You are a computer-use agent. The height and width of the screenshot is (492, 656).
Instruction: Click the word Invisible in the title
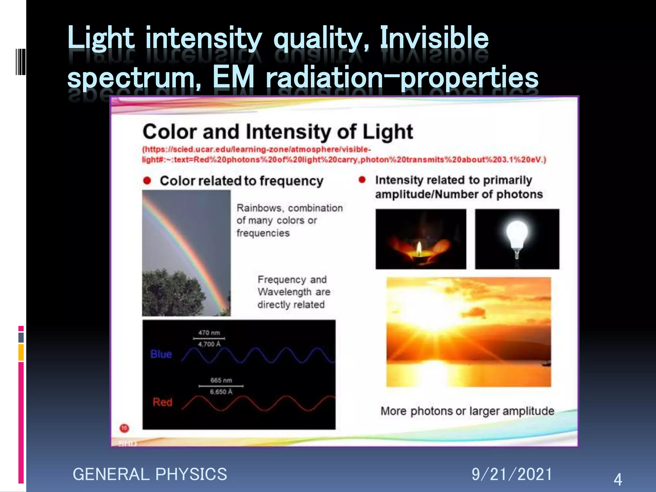(x=434, y=38)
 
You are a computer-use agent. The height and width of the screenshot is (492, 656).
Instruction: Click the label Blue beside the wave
(x=161, y=354)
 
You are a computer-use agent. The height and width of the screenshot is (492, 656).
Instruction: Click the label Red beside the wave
(x=162, y=402)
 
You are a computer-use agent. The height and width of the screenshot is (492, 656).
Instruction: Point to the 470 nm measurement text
(x=209, y=333)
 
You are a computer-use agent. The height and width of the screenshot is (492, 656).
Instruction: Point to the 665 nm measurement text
(x=221, y=381)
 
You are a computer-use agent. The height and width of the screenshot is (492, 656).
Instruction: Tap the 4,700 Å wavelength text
(x=209, y=344)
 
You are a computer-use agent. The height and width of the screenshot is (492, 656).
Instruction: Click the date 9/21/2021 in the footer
(x=512, y=474)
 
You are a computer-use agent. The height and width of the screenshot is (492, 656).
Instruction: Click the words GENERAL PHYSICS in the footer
(x=150, y=474)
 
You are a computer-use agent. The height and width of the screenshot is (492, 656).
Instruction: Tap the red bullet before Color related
(x=147, y=181)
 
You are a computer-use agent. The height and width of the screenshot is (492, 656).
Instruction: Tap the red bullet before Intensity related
(x=362, y=180)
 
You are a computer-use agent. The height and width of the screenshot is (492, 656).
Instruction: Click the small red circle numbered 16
(x=124, y=428)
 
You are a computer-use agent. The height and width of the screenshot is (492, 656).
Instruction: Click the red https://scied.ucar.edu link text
(x=256, y=150)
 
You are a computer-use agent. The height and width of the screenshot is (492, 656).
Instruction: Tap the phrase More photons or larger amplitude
(x=467, y=411)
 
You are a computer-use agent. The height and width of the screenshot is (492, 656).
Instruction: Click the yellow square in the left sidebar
(x=21, y=352)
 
